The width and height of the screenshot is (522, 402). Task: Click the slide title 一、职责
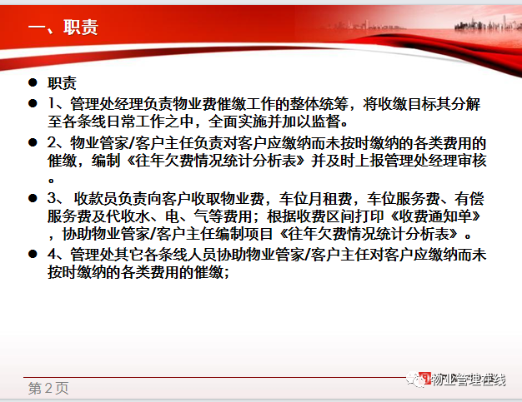(x=63, y=27)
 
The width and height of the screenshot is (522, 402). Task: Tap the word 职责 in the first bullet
(x=62, y=83)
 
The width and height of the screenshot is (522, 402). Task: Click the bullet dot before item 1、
(x=33, y=103)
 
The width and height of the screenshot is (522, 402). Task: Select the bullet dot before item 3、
(x=33, y=198)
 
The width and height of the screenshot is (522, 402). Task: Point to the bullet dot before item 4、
(x=33, y=254)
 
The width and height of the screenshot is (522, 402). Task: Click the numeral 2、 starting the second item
(x=58, y=143)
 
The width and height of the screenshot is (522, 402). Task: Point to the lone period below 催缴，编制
(x=51, y=181)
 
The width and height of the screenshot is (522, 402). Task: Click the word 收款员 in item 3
(x=96, y=199)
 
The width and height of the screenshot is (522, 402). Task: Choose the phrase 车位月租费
(x=315, y=199)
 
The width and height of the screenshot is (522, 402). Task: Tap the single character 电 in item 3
(x=173, y=216)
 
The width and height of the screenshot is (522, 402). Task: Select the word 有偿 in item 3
(x=469, y=199)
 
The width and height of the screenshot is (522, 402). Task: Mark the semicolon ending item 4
(x=227, y=273)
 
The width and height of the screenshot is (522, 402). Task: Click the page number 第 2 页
(x=48, y=388)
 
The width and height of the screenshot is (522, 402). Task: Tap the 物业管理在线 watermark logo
(x=456, y=380)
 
